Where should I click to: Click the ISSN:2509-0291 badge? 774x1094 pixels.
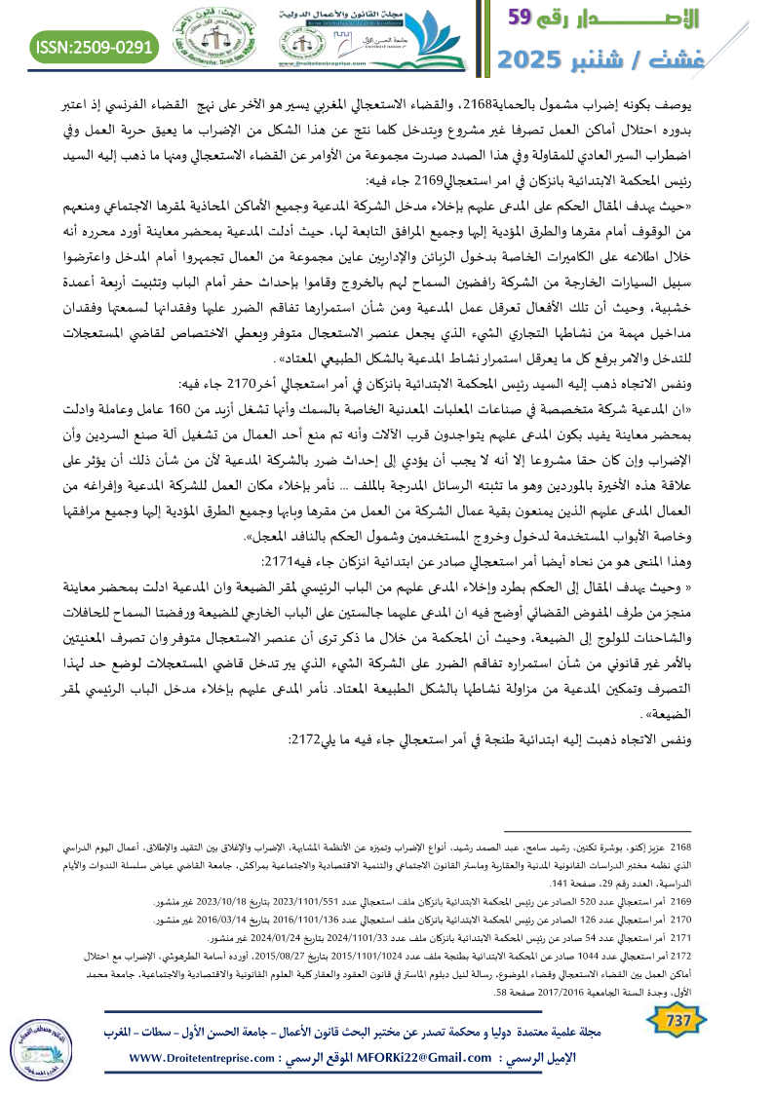[x=96, y=46]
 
